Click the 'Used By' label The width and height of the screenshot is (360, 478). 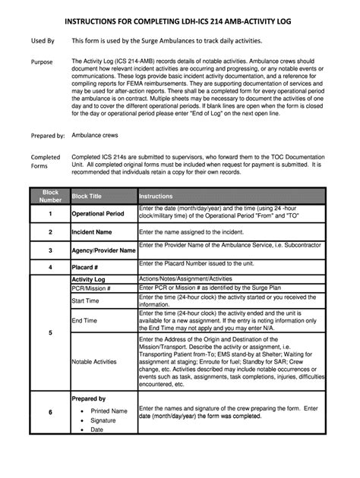42,39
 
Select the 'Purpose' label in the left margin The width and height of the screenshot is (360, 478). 41,60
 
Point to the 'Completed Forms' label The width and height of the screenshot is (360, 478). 44,160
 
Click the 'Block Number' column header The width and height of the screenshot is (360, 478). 50,197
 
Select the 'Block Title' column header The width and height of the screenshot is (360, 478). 86,197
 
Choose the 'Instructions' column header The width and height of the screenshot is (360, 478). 156,197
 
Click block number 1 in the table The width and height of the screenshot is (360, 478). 50,214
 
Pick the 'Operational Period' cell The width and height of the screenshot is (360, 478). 98,214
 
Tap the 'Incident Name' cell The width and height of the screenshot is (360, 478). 92,231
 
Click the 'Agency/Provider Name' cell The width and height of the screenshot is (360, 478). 103,250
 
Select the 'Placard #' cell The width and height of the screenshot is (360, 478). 86,267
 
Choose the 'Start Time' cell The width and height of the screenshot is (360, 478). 87,301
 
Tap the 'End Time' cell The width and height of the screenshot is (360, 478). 85,321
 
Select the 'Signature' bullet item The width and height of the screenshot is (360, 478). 103,420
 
